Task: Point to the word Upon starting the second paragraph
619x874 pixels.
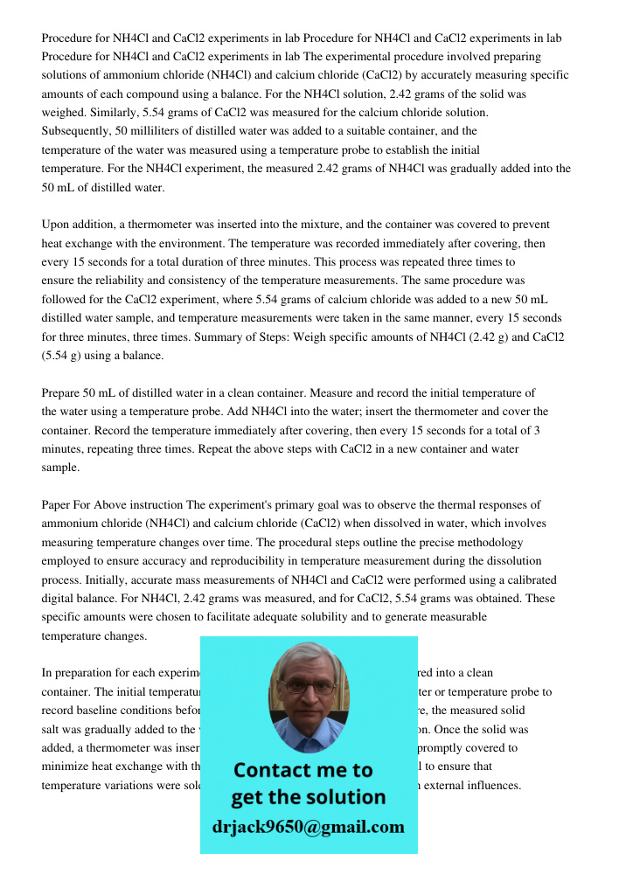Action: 57,225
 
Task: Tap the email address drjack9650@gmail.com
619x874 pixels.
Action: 308,827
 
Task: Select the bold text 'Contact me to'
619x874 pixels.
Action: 303,770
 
